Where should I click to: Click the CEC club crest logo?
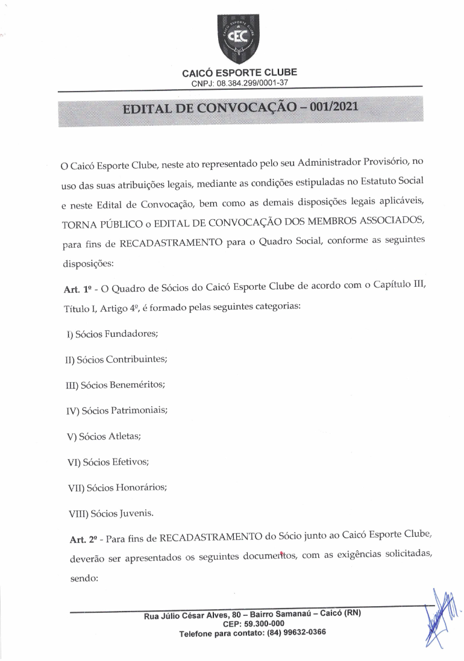click(x=239, y=39)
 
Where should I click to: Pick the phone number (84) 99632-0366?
click(x=293, y=633)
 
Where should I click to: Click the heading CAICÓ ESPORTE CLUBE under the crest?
click(x=239, y=73)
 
